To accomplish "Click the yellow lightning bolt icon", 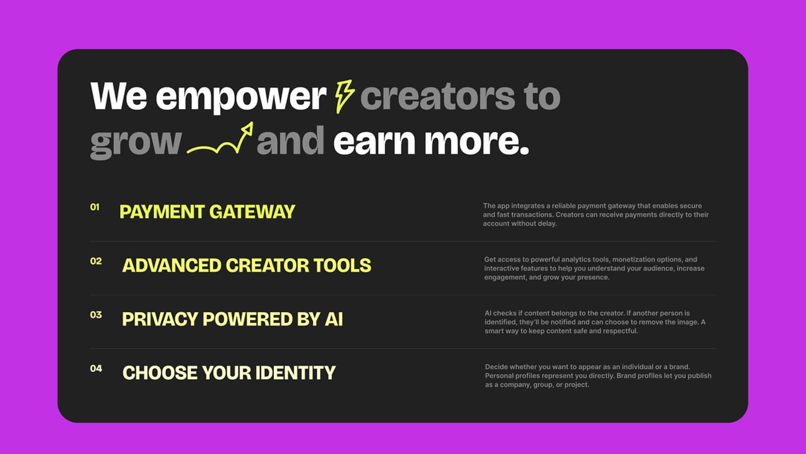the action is (345, 96).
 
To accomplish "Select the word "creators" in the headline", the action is (438, 96).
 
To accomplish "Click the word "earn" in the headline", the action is (374, 141).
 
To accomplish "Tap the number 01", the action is (95, 207).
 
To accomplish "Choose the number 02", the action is (96, 261).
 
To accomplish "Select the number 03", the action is (96, 315).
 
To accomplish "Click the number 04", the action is (96, 369).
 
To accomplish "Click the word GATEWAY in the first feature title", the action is (252, 212).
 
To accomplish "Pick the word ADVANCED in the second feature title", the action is (172, 265).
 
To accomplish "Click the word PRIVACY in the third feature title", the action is (160, 319).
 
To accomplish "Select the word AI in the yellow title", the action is (334, 319).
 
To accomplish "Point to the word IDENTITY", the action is (295, 373).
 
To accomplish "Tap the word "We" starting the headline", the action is (119, 96).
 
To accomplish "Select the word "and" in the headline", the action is (291, 141).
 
